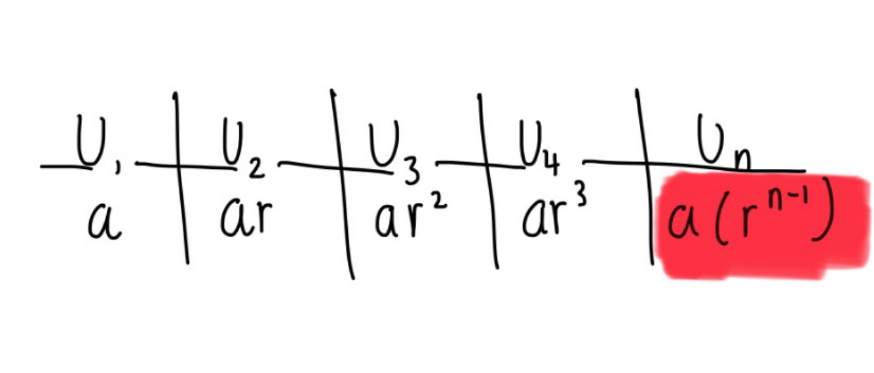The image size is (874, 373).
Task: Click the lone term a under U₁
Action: tap(104, 223)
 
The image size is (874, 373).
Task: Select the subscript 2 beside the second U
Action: tap(256, 169)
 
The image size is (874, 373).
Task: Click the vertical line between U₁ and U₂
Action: tap(181, 177)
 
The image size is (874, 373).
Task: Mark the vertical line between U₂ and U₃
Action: tap(343, 183)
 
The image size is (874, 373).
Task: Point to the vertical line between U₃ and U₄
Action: tap(487, 180)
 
